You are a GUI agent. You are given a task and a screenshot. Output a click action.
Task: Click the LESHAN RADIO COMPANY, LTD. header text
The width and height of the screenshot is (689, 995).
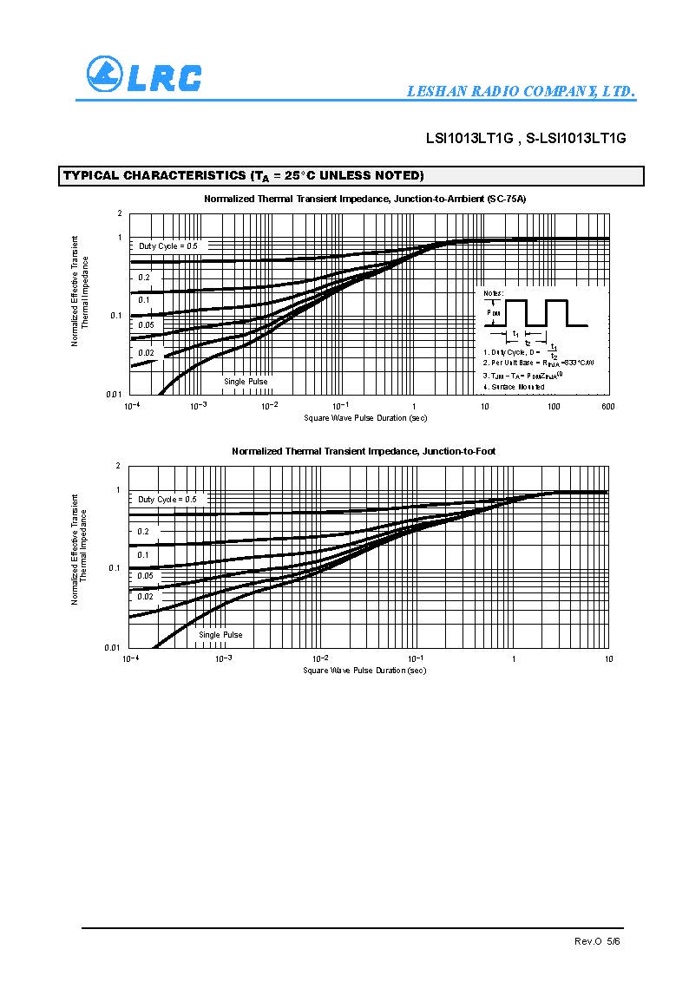click(522, 91)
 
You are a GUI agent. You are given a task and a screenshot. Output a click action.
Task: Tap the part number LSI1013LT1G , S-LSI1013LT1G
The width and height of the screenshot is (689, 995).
click(525, 138)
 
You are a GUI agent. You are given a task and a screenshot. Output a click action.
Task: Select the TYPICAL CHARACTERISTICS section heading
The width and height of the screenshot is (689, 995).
click(243, 176)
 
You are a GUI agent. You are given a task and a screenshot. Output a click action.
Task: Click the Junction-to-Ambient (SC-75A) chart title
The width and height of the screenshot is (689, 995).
click(364, 199)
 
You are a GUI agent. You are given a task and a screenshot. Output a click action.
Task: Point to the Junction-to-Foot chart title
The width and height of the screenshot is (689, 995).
click(364, 451)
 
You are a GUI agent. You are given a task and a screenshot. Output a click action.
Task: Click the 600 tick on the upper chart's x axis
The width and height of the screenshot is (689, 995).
click(607, 406)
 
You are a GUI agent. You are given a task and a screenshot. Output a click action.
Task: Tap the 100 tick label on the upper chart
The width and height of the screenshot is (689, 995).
click(553, 406)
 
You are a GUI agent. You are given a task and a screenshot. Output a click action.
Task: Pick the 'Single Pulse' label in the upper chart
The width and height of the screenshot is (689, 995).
click(246, 381)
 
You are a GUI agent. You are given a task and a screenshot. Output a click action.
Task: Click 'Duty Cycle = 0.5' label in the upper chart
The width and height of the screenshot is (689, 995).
click(168, 246)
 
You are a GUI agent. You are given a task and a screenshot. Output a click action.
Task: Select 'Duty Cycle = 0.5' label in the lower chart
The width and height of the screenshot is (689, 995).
click(167, 500)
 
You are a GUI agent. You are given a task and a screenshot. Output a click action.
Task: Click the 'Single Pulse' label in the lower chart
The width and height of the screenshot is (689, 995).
click(220, 635)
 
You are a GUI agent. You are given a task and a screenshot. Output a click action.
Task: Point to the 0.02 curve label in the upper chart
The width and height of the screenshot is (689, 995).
click(146, 353)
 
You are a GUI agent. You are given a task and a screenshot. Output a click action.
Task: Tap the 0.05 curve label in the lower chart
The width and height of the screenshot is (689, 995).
click(145, 576)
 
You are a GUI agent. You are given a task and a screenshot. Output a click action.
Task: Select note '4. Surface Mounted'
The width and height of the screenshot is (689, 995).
click(514, 386)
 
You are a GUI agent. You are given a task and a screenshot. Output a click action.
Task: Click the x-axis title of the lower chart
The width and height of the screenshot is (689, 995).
click(364, 671)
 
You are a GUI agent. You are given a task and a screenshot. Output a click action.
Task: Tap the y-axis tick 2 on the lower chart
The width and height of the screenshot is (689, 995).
click(118, 467)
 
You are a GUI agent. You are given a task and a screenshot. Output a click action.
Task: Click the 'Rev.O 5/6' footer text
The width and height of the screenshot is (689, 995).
click(598, 941)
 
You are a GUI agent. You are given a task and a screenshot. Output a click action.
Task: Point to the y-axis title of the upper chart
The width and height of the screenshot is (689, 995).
click(80, 291)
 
